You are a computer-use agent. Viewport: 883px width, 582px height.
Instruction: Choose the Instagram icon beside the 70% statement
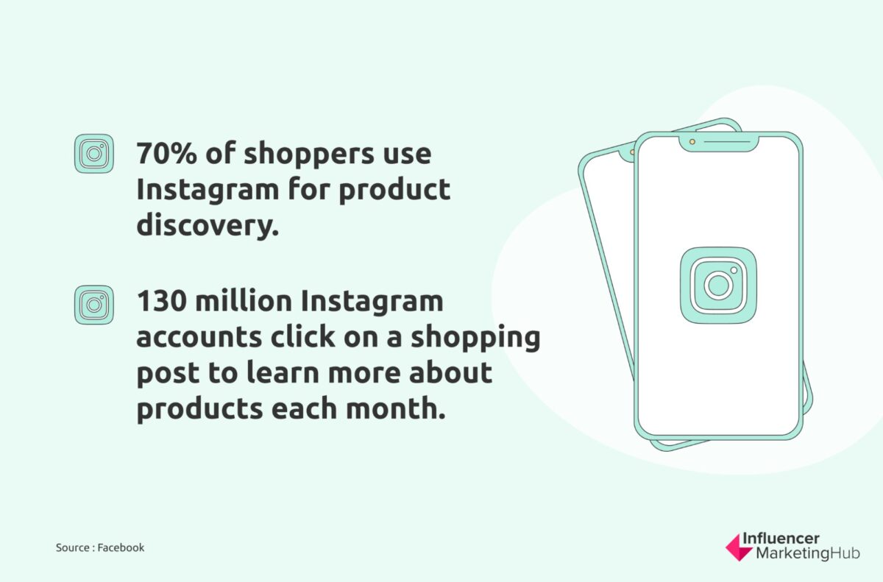click(94, 154)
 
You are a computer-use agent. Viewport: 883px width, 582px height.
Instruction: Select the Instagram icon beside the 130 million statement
click(94, 305)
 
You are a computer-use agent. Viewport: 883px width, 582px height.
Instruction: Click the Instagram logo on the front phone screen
click(717, 285)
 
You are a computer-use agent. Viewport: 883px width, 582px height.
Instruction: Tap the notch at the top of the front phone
click(718, 142)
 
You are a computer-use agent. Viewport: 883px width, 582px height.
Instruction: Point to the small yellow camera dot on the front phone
click(692, 141)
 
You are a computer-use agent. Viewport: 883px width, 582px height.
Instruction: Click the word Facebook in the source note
click(121, 547)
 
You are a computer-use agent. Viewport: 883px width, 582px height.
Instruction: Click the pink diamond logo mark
click(737, 548)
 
